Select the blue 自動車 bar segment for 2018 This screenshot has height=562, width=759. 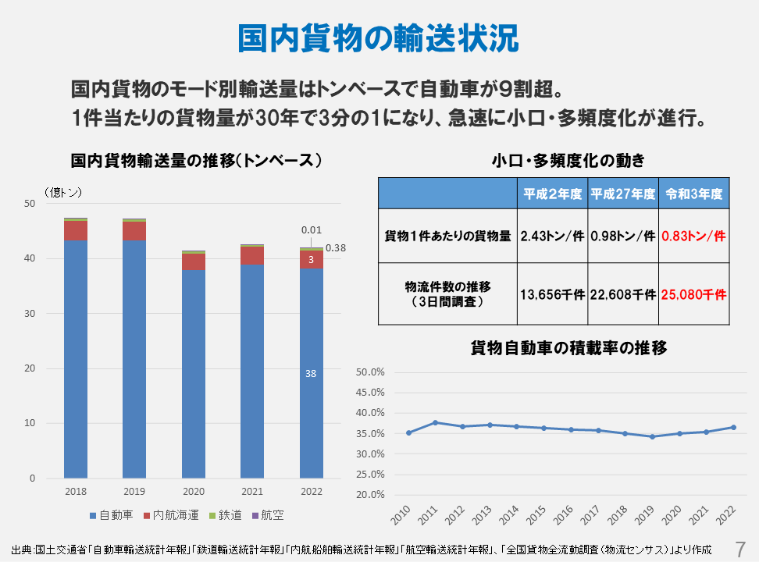(x=76, y=359)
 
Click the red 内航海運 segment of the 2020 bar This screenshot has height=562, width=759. (x=193, y=261)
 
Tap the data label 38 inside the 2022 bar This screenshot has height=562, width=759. (x=311, y=374)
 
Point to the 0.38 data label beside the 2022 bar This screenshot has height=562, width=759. (x=336, y=248)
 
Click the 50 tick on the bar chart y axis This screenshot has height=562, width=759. (x=30, y=204)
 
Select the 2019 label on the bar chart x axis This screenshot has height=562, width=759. (x=134, y=492)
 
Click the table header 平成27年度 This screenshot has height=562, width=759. (x=622, y=194)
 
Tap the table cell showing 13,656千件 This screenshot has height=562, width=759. (x=552, y=295)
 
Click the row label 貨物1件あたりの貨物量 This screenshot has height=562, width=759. (x=448, y=236)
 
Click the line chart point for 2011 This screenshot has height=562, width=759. (x=435, y=422)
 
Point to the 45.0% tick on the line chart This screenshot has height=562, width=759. (x=371, y=393)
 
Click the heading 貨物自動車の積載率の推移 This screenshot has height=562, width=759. (x=568, y=348)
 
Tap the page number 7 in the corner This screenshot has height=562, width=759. (x=741, y=546)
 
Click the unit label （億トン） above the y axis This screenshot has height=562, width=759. (x=62, y=191)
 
